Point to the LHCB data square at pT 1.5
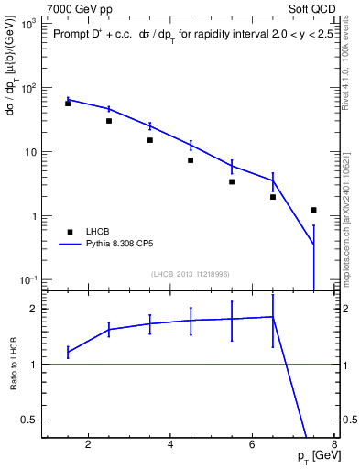click(x=68, y=104)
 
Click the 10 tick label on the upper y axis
click(x=29, y=152)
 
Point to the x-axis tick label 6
click(x=253, y=446)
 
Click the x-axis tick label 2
click(x=88, y=446)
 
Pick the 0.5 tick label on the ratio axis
click(x=29, y=420)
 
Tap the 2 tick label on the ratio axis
click(x=34, y=310)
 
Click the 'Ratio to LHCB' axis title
click(x=14, y=364)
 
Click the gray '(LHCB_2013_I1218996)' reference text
click(x=190, y=274)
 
